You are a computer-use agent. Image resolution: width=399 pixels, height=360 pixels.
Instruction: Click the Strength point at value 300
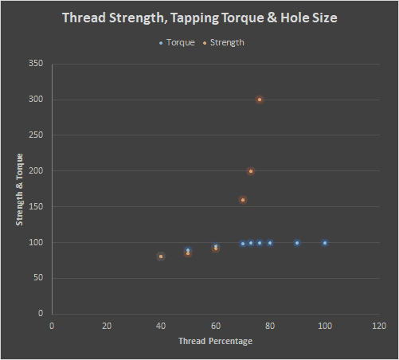tap(260, 100)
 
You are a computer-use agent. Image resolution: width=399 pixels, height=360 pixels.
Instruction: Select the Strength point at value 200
tap(251, 171)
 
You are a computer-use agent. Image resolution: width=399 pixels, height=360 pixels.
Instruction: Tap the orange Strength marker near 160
tap(243, 200)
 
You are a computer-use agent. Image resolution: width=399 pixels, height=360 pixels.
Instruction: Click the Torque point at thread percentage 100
tap(325, 243)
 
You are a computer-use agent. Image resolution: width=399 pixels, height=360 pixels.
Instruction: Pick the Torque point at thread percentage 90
tap(297, 243)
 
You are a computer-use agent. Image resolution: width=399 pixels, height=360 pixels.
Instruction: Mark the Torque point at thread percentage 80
tap(270, 243)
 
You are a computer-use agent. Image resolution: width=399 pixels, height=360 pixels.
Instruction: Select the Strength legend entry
tap(227, 42)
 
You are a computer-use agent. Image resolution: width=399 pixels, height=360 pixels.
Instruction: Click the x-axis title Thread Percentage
tap(215, 341)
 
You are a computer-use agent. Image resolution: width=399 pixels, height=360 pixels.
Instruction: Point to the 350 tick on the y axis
tap(35, 64)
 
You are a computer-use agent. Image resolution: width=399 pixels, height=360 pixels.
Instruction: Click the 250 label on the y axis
tap(35, 135)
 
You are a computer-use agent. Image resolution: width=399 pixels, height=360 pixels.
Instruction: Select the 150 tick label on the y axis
tap(35, 206)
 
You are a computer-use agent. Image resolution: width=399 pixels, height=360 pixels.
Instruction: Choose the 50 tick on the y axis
tap(37, 278)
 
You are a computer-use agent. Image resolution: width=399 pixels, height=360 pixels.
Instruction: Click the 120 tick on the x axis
tap(379, 325)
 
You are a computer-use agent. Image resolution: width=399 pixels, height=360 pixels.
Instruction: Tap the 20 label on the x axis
tap(106, 325)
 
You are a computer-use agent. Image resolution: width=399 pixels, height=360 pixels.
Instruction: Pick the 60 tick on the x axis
tap(215, 325)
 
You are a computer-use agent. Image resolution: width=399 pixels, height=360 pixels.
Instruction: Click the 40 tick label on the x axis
tap(161, 325)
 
